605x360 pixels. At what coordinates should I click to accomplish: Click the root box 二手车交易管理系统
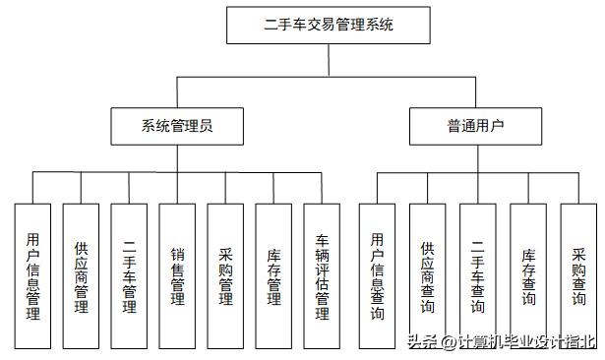[330, 26]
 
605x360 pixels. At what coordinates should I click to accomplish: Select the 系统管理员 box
[177, 125]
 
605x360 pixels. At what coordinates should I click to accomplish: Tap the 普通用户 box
[475, 125]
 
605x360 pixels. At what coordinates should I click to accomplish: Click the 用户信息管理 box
[32, 276]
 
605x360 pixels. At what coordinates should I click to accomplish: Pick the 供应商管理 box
[81, 276]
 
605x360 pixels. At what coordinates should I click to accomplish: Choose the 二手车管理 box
[129, 276]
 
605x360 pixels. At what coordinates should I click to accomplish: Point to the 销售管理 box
[177, 276]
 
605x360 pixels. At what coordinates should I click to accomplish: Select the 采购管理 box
[225, 276]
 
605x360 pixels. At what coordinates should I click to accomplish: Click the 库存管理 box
[273, 276]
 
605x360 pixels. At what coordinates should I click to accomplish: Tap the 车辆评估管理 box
[322, 276]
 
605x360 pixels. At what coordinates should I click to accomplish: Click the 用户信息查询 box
[377, 276]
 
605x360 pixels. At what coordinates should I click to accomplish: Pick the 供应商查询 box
[427, 276]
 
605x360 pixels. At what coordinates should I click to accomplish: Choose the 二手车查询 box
[477, 276]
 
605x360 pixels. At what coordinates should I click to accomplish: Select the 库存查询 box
[528, 276]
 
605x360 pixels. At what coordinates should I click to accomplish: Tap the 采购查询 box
[578, 276]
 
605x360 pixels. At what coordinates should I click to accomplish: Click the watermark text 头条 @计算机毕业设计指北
[502, 342]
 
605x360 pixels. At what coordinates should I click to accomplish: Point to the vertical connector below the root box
[330, 59]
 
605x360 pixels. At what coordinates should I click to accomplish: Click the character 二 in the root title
[272, 26]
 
